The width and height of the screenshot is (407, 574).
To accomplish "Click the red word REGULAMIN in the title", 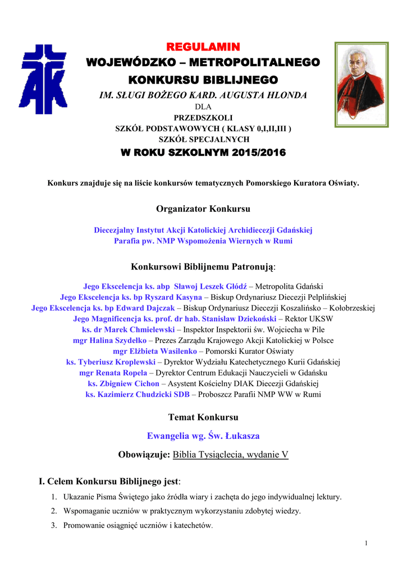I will [203, 45].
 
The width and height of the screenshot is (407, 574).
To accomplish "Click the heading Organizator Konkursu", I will [203, 209].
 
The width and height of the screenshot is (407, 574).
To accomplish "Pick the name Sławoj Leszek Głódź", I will [211, 286].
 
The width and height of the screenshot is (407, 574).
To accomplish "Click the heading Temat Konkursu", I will [203, 417].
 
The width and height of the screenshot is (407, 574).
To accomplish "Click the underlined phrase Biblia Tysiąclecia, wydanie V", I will [231, 454].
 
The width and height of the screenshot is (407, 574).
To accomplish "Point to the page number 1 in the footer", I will [365, 543].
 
